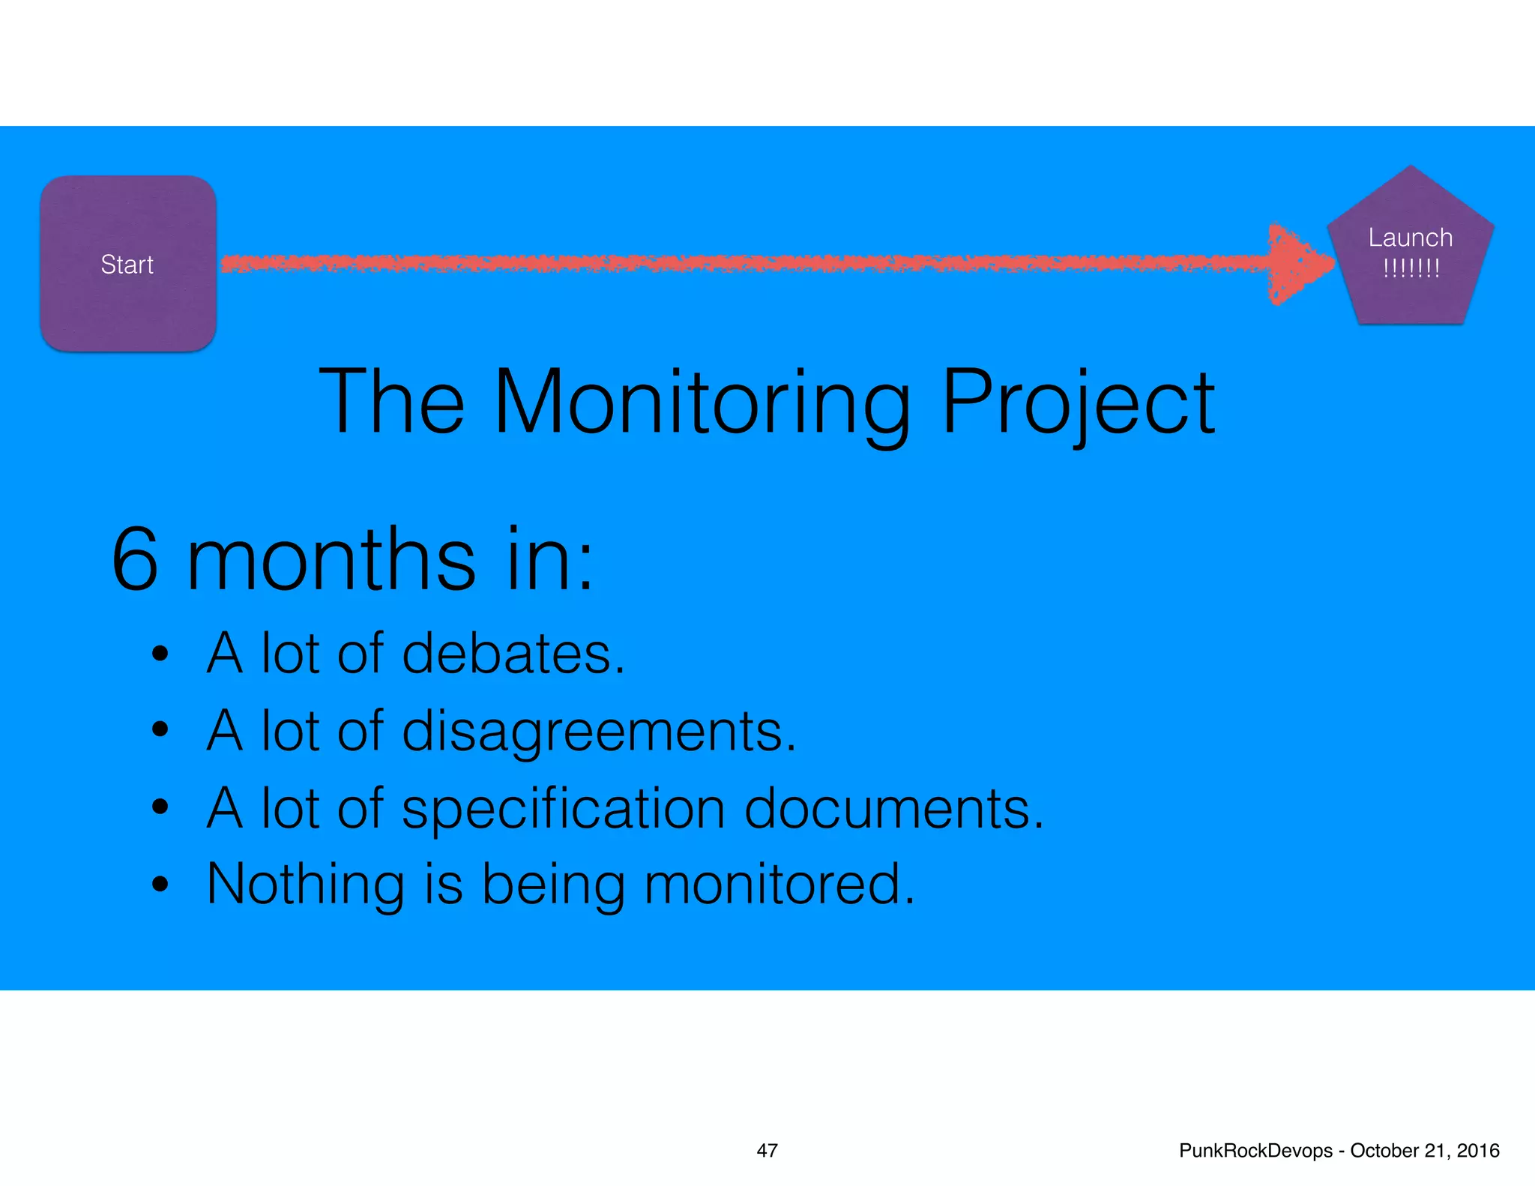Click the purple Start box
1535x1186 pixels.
click(x=128, y=263)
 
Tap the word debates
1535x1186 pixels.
click(x=513, y=654)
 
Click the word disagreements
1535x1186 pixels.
click(x=599, y=731)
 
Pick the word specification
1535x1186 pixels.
click(x=563, y=809)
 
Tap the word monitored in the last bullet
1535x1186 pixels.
click(x=779, y=885)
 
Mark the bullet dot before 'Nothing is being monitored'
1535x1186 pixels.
click(x=159, y=885)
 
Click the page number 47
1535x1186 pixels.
click(x=767, y=1151)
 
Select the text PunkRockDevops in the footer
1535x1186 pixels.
click(x=1255, y=1151)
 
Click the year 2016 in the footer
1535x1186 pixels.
click(x=1478, y=1151)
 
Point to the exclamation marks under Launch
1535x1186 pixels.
click(x=1411, y=268)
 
